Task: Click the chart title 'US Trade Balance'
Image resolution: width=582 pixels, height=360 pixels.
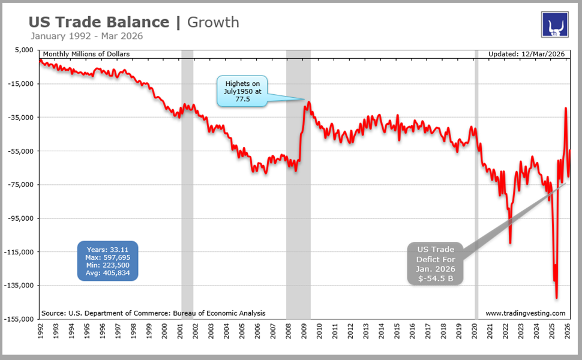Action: [99, 22]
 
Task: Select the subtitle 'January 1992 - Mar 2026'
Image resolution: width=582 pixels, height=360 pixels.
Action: [86, 36]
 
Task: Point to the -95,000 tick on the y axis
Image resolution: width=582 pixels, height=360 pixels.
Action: [21, 218]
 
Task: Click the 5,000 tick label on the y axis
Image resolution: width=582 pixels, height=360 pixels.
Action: [26, 50]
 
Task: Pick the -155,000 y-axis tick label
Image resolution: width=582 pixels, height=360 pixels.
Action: [20, 319]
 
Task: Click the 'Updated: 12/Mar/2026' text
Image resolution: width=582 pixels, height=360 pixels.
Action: [527, 54]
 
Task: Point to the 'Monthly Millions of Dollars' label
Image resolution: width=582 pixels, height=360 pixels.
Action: [86, 54]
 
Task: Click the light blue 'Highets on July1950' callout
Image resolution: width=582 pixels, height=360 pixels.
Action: [243, 92]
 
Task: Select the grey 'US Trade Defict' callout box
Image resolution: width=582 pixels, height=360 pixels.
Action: [436, 263]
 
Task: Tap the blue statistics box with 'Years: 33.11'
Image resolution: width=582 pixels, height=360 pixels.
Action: [108, 261]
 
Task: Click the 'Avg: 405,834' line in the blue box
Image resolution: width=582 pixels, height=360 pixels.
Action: [108, 273]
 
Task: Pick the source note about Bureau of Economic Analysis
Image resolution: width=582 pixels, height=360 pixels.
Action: [153, 313]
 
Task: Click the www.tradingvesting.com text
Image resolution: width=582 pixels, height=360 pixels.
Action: [525, 313]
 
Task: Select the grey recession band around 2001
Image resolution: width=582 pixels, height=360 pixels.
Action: [187, 180]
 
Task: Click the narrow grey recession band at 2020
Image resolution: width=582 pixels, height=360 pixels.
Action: [476, 180]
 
